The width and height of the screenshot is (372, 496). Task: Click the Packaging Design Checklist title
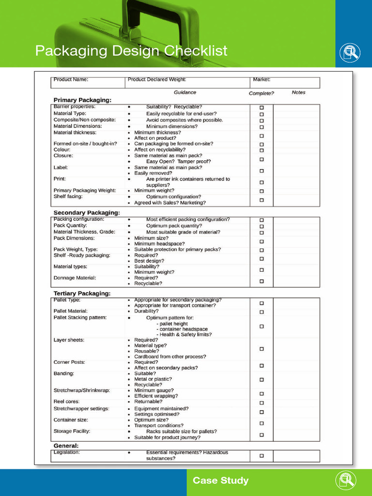click(131, 51)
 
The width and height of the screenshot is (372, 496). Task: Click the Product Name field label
click(71, 79)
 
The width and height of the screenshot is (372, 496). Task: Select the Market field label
click(262, 79)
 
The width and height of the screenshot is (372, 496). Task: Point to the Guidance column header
click(185, 93)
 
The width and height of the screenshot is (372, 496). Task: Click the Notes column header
click(299, 93)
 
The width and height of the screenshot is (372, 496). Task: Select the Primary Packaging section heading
click(82, 100)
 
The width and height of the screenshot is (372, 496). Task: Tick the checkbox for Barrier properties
click(262, 108)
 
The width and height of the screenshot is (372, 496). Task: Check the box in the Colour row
click(262, 150)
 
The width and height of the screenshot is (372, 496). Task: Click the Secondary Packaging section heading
click(87, 213)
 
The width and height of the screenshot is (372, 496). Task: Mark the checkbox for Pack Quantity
click(262, 226)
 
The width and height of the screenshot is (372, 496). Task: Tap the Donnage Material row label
click(75, 278)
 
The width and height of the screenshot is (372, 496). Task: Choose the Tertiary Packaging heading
click(82, 294)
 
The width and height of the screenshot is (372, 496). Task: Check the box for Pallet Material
click(262, 312)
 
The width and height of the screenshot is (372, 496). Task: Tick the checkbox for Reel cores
click(262, 403)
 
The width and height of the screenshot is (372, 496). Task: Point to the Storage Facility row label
click(72, 431)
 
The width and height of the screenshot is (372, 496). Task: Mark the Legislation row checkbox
click(262, 456)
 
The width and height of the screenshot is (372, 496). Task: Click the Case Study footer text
click(220, 481)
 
